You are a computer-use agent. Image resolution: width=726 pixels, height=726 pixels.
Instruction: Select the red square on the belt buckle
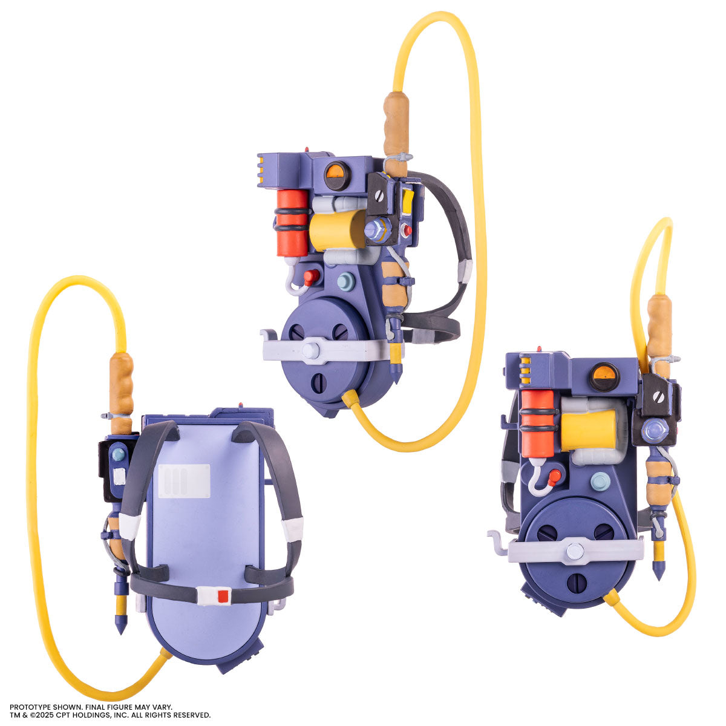pyautogui.click(x=223, y=596)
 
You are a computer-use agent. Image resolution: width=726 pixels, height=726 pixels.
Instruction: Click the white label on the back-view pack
pyautogui.click(x=185, y=481)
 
